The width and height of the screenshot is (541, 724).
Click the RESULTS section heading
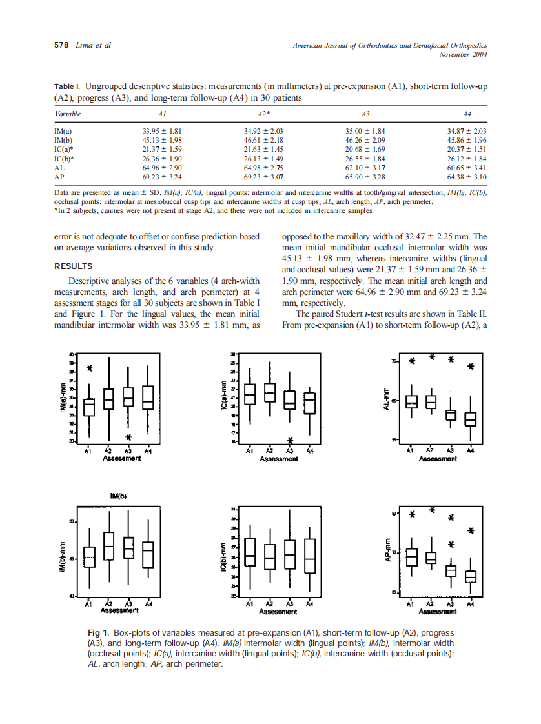(x=73, y=266)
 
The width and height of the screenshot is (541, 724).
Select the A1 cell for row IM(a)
(x=163, y=131)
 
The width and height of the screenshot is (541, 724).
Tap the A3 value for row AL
(x=365, y=167)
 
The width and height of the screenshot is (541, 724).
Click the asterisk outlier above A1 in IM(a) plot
(x=90, y=368)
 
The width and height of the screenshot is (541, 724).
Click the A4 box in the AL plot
(x=471, y=419)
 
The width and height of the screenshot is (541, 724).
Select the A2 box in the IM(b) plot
(x=109, y=546)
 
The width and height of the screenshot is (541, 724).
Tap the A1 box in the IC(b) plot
(x=250, y=553)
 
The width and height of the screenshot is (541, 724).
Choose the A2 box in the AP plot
(x=431, y=558)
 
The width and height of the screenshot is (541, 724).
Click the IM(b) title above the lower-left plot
(x=118, y=496)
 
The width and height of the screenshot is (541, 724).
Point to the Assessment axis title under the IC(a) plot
(x=278, y=459)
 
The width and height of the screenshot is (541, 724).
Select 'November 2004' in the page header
(x=462, y=54)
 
